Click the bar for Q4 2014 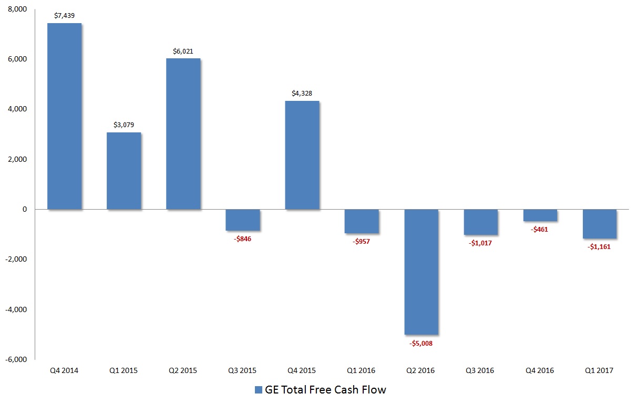tap(64, 116)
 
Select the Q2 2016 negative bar tap(421, 272)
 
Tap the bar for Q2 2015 tap(183, 134)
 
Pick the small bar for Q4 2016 tap(540, 215)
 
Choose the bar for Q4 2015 tap(302, 155)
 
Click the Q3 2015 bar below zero tap(242, 220)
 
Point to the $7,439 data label tap(65, 16)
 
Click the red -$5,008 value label tap(421, 344)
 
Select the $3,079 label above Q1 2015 tap(124, 125)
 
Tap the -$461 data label tap(540, 230)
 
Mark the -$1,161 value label tap(599, 246)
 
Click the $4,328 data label tap(302, 94)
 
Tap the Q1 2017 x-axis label tap(599, 370)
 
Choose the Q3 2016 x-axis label tap(480, 370)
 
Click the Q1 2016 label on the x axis tap(361, 370)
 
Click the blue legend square tap(258, 390)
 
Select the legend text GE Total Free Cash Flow tap(326, 390)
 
